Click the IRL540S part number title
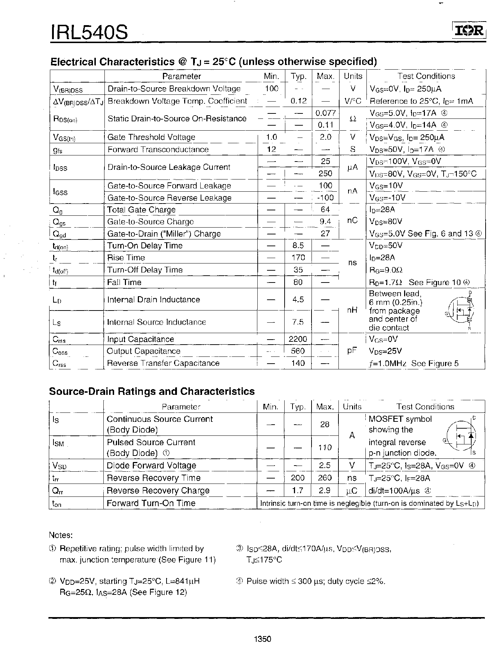tap(89, 33)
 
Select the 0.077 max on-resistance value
tap(325, 113)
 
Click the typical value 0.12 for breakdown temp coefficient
tap(298, 101)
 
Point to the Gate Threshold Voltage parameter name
tap(151, 137)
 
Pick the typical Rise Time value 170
tap(298, 257)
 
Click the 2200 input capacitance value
tap(298, 339)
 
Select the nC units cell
tap(352, 221)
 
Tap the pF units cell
tap(352, 351)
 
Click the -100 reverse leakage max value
tap(325, 197)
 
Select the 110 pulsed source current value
tap(325, 447)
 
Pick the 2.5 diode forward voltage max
tap(325, 465)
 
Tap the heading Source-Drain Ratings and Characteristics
tap(152, 391)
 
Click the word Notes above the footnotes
tap(61, 535)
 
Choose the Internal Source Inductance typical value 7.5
tap(298, 322)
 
